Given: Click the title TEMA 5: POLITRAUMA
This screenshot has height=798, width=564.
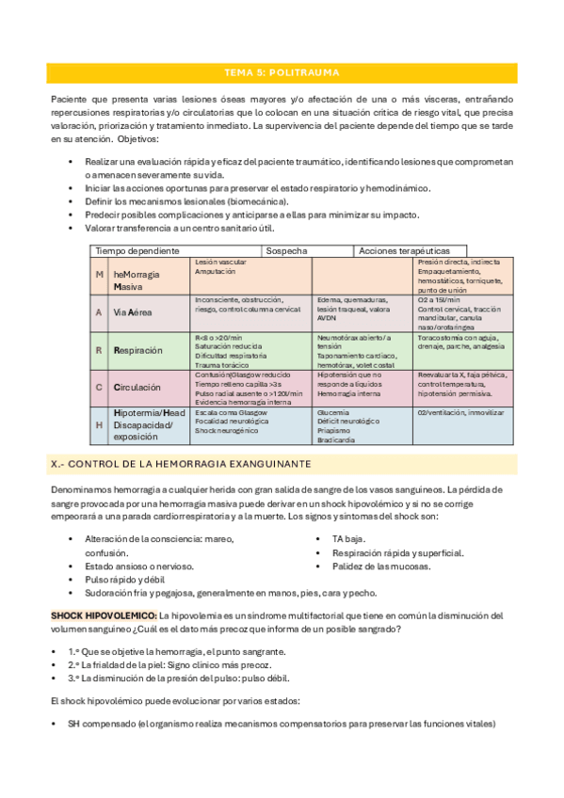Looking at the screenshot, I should coord(282,72).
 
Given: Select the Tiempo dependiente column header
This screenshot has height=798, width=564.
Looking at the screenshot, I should coord(137,250).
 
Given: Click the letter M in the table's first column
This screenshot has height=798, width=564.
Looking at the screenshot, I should coord(100,273).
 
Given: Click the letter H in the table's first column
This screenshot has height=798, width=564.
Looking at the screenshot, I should coord(100,424).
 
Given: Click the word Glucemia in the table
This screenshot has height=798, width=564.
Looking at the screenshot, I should coord(334,412).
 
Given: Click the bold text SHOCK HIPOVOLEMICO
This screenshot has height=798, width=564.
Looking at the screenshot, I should coord(104,614).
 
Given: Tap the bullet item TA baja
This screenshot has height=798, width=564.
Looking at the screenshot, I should coord(350,538).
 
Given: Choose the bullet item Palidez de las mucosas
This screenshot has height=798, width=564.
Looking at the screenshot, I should coord(380,566).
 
